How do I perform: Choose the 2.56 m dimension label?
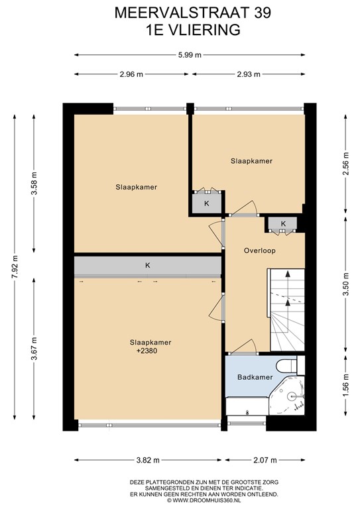[x=345, y=164]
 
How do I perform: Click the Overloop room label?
[x=259, y=251]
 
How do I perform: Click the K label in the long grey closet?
[x=148, y=266]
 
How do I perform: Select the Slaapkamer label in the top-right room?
[x=251, y=160]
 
